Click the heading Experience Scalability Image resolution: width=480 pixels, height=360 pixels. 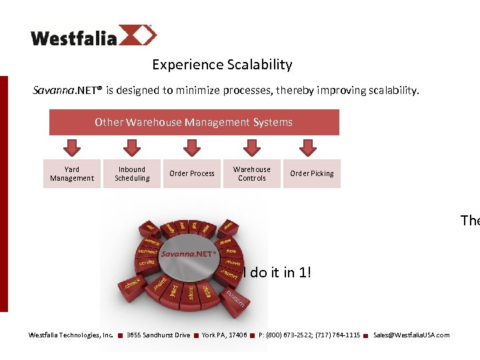222,65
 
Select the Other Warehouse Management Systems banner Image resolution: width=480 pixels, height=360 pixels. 194,122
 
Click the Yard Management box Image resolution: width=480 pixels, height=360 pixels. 72,174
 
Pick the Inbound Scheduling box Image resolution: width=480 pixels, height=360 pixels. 132,174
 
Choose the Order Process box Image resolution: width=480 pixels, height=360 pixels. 192,174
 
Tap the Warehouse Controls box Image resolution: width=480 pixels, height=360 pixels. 252,174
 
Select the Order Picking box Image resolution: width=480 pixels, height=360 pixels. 312,174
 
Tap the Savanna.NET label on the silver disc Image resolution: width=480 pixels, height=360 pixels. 187,254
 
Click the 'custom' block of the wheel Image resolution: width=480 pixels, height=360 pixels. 235,298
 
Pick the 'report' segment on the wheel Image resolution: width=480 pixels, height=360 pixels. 229,274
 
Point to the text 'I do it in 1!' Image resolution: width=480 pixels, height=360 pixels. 276,272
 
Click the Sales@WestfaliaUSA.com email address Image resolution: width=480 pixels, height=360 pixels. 411,335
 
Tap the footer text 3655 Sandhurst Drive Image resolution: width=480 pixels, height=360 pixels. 158,335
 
